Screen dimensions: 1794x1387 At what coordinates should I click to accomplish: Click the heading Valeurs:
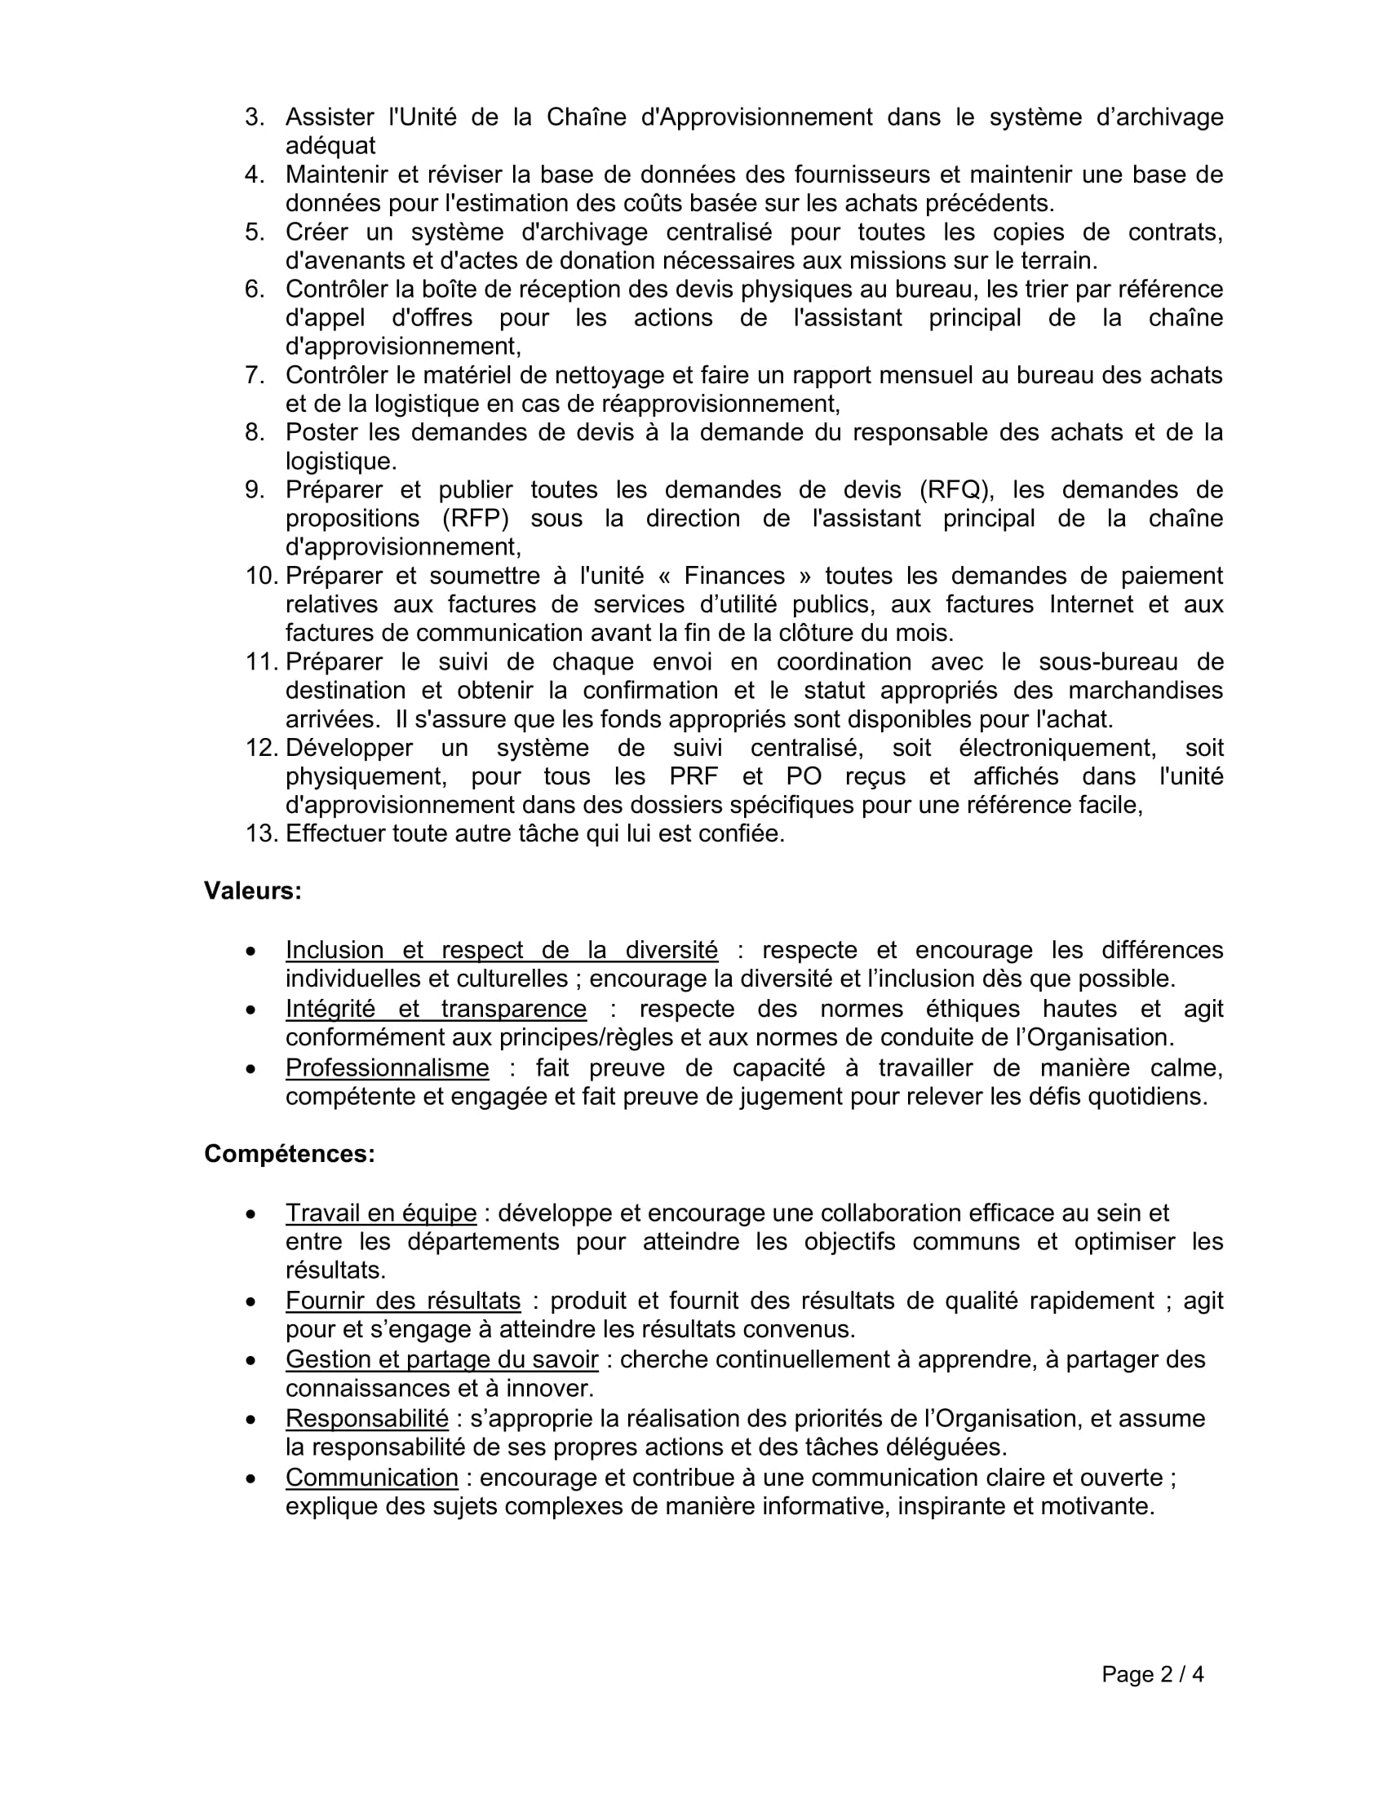pos(252,891)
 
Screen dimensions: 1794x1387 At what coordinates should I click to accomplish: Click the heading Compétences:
pos(290,1154)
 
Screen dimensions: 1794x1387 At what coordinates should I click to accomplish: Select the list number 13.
pos(262,833)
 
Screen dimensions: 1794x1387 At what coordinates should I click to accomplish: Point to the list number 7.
pos(254,375)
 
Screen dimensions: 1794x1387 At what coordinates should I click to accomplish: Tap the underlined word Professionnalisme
pos(387,1069)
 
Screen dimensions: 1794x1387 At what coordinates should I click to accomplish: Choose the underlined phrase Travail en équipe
pos(380,1213)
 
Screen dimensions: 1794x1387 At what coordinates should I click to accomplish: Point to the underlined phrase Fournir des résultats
pos(402,1301)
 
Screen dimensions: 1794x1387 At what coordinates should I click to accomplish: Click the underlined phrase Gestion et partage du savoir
pos(441,1359)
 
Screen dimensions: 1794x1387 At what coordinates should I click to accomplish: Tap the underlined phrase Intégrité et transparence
pos(436,1009)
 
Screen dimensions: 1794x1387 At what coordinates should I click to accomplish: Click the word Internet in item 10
pos(1088,604)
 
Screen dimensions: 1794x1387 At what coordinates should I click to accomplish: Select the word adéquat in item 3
pos(330,146)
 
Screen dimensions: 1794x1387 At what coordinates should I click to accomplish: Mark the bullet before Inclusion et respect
pos(250,951)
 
